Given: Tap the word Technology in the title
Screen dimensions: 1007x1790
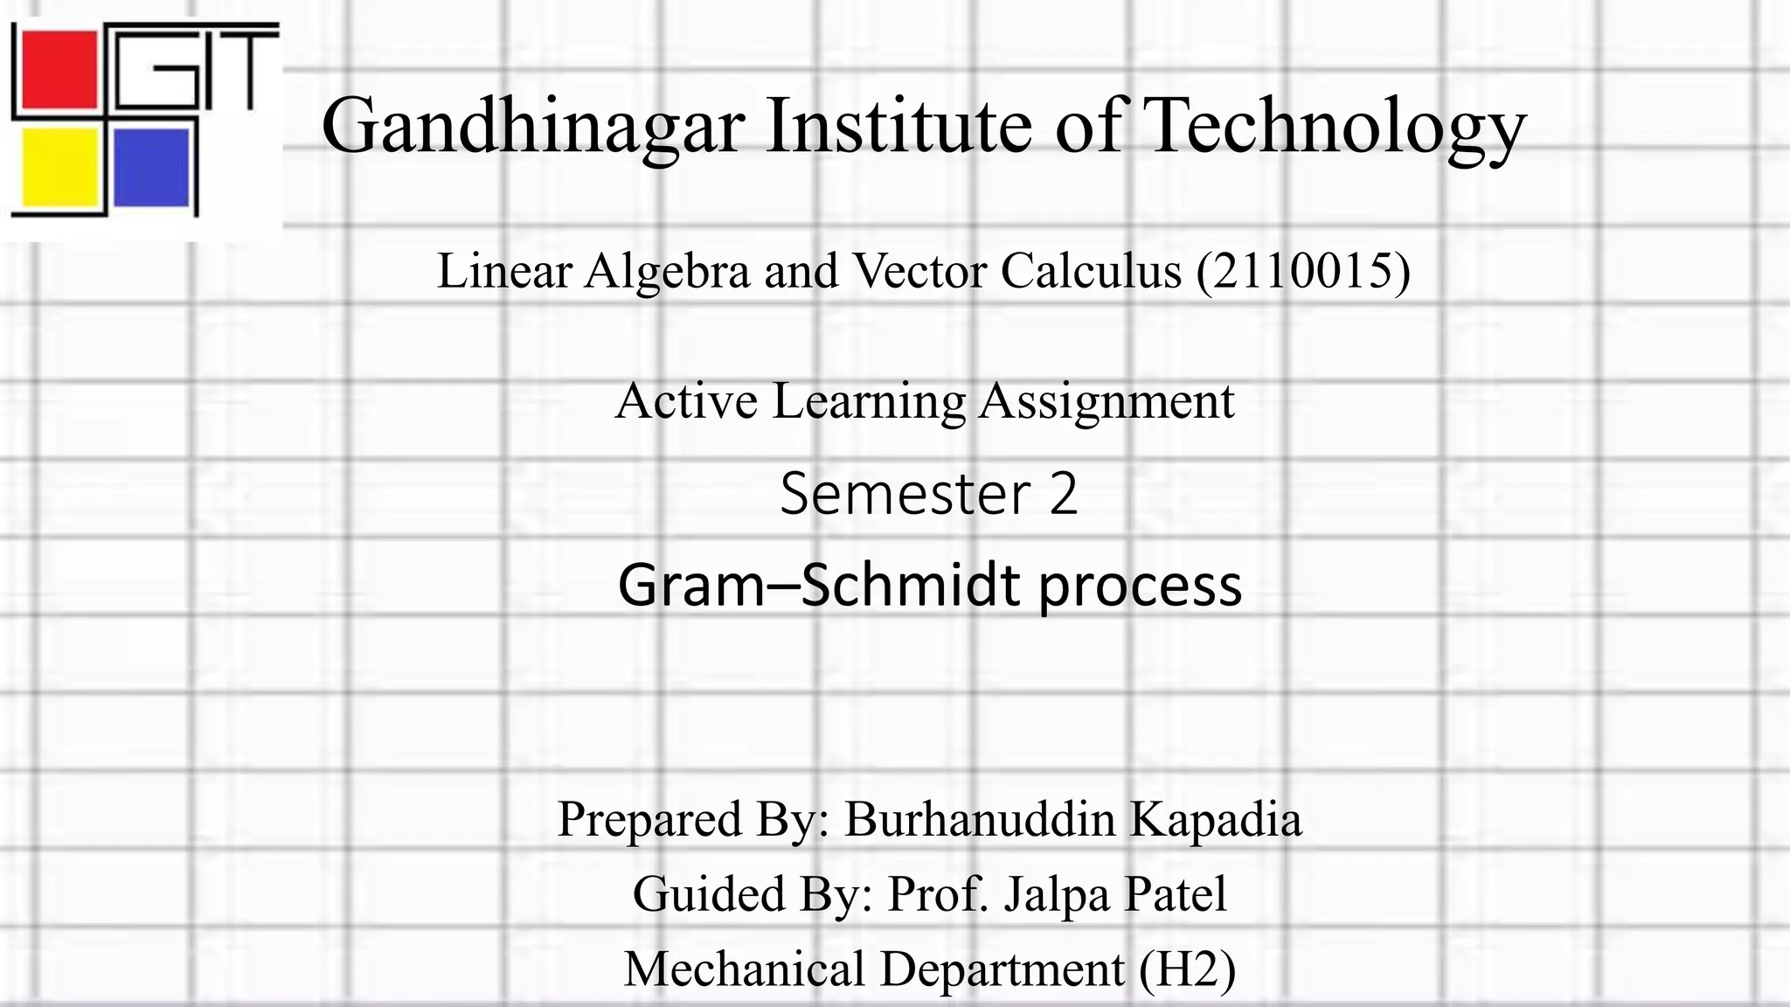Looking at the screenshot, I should (1334, 127).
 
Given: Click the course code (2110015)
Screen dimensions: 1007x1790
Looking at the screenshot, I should (1303, 271).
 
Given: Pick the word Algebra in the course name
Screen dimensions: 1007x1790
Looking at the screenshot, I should (667, 272).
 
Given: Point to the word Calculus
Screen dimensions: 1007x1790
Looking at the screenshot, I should (1091, 271).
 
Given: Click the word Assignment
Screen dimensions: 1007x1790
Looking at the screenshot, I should (1106, 403).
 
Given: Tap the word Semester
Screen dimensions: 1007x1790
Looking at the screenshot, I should (905, 494).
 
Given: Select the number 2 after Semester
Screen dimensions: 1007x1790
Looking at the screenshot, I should (1063, 494).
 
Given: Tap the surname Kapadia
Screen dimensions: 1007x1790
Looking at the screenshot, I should (1216, 820).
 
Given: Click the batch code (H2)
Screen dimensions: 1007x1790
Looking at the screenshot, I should (1187, 969).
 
